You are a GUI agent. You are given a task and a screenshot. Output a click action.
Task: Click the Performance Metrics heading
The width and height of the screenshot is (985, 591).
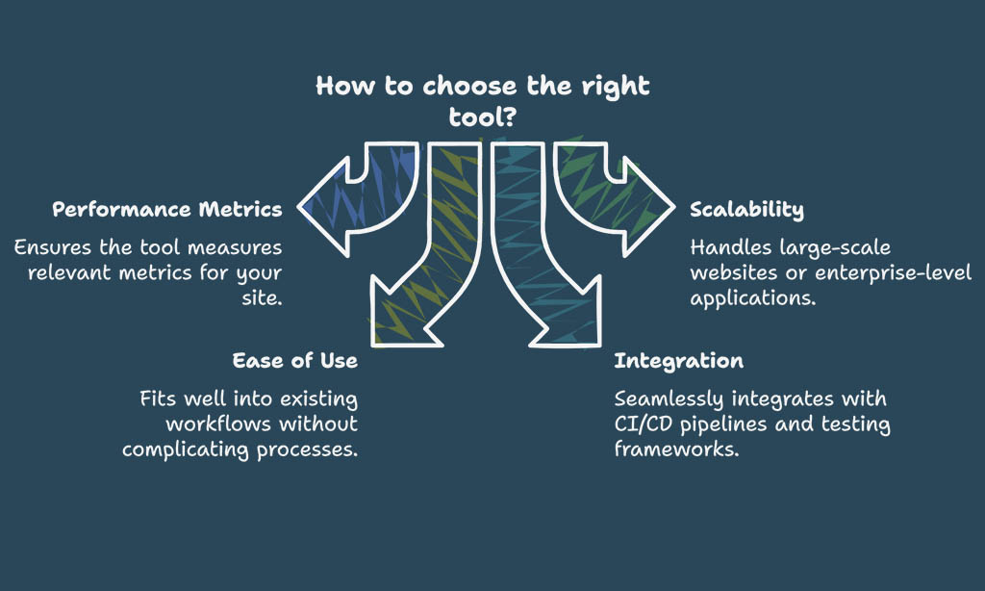tap(167, 210)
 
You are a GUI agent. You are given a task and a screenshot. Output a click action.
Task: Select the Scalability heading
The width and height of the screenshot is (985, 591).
tap(746, 210)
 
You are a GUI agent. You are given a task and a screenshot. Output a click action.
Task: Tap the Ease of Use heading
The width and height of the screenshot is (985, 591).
tap(295, 360)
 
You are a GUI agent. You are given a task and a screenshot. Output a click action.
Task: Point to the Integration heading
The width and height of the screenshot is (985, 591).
tap(678, 361)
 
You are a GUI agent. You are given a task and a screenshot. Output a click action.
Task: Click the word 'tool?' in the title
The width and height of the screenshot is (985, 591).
tap(483, 116)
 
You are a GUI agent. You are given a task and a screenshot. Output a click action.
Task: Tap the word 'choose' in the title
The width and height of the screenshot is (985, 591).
tap(469, 86)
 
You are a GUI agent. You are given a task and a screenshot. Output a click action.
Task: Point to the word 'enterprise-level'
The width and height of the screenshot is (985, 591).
tap(894, 272)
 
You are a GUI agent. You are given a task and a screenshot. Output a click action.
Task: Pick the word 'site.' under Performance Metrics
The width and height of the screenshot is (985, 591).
tap(262, 297)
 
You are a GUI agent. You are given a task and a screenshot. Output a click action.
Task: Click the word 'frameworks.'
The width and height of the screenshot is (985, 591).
tap(676, 449)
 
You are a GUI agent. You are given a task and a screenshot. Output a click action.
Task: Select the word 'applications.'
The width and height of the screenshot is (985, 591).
tap(753, 298)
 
